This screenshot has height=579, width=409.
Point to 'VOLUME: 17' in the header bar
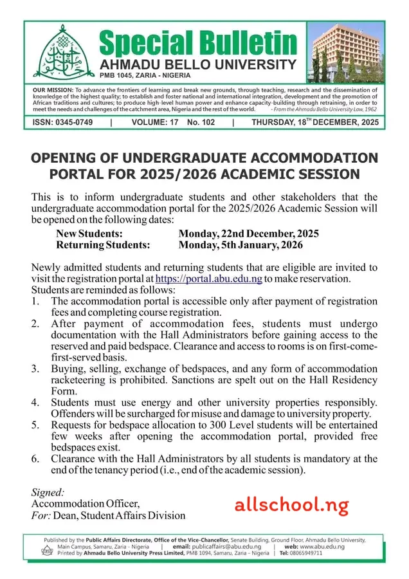pos(154,122)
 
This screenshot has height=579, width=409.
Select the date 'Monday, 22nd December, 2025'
pos(248,234)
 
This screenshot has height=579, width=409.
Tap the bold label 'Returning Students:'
pos(103,244)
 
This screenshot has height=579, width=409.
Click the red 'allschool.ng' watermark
pos(292,505)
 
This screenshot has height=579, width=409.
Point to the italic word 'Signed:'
pos(48,492)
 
